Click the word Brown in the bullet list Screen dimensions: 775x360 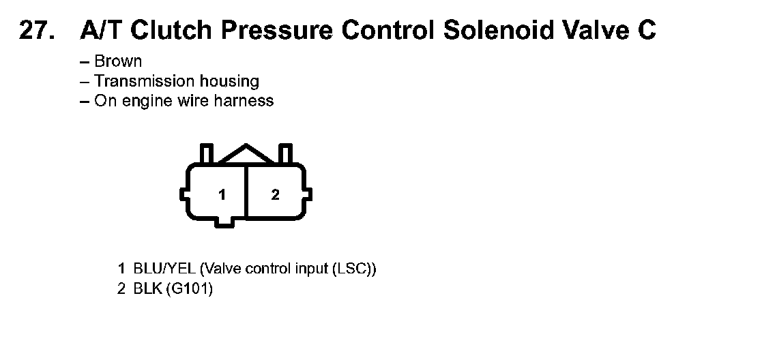click(x=118, y=61)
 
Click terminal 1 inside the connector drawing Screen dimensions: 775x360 click(x=222, y=195)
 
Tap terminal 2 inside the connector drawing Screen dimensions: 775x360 click(x=275, y=195)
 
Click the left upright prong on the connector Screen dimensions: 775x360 click(x=206, y=153)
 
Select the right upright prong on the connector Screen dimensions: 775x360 click(x=286, y=153)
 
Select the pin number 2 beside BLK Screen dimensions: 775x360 click(x=121, y=289)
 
